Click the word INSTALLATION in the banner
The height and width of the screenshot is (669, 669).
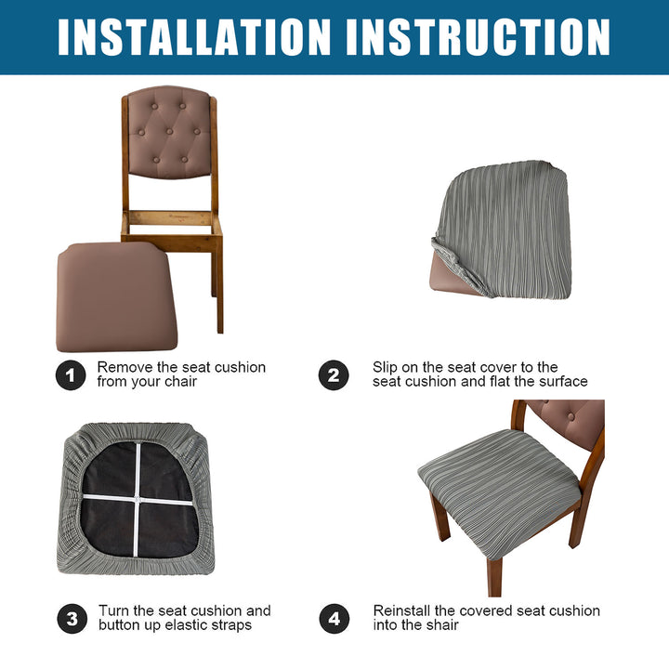coord(194,37)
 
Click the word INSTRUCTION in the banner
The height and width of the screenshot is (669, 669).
coord(479,37)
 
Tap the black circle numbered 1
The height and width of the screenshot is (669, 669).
coord(71,375)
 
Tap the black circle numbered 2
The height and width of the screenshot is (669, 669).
coord(334,375)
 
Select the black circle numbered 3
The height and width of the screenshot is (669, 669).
coord(72,618)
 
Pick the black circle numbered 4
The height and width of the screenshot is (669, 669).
coord(334,618)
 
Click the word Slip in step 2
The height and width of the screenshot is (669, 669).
coord(385,368)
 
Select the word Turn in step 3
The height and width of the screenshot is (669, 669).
coord(113,611)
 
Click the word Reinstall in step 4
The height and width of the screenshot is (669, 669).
coord(401,611)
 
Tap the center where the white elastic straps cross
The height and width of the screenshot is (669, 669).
coord(137,499)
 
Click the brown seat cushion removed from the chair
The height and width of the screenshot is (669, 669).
coord(116,297)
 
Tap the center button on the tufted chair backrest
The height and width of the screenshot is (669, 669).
coord(169,131)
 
